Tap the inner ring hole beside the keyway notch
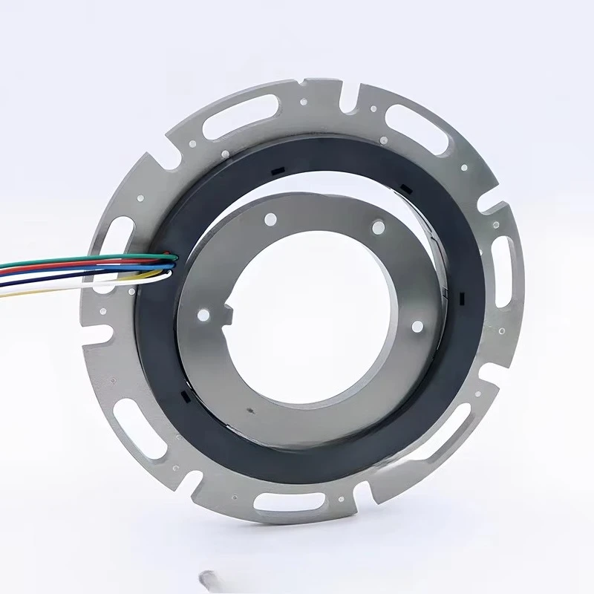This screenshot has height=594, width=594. click(202, 316)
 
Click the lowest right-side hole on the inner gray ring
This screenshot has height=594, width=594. click(416, 325)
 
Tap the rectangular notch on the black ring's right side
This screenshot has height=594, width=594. click(461, 298)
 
